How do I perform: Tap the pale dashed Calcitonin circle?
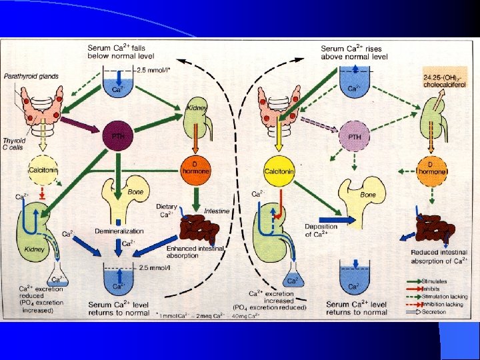41,169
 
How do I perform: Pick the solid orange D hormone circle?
195,168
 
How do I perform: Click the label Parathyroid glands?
31,77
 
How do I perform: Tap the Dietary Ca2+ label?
166,210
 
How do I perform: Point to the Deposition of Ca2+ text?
321,231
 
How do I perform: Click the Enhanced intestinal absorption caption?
195,251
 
